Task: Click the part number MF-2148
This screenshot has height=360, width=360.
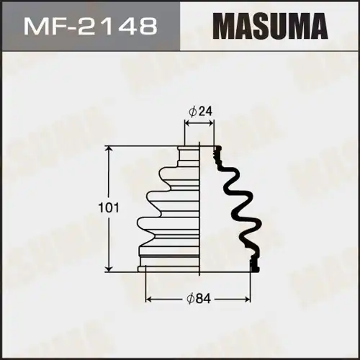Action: [x=90, y=27]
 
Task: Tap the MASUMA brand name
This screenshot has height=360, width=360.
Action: [x=269, y=27]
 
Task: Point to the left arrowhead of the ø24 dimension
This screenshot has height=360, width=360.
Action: [x=188, y=125]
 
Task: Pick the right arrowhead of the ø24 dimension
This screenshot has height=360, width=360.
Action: [x=212, y=125]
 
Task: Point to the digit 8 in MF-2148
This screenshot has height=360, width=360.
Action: [x=147, y=27]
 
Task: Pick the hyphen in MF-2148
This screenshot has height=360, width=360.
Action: [x=71, y=28]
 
